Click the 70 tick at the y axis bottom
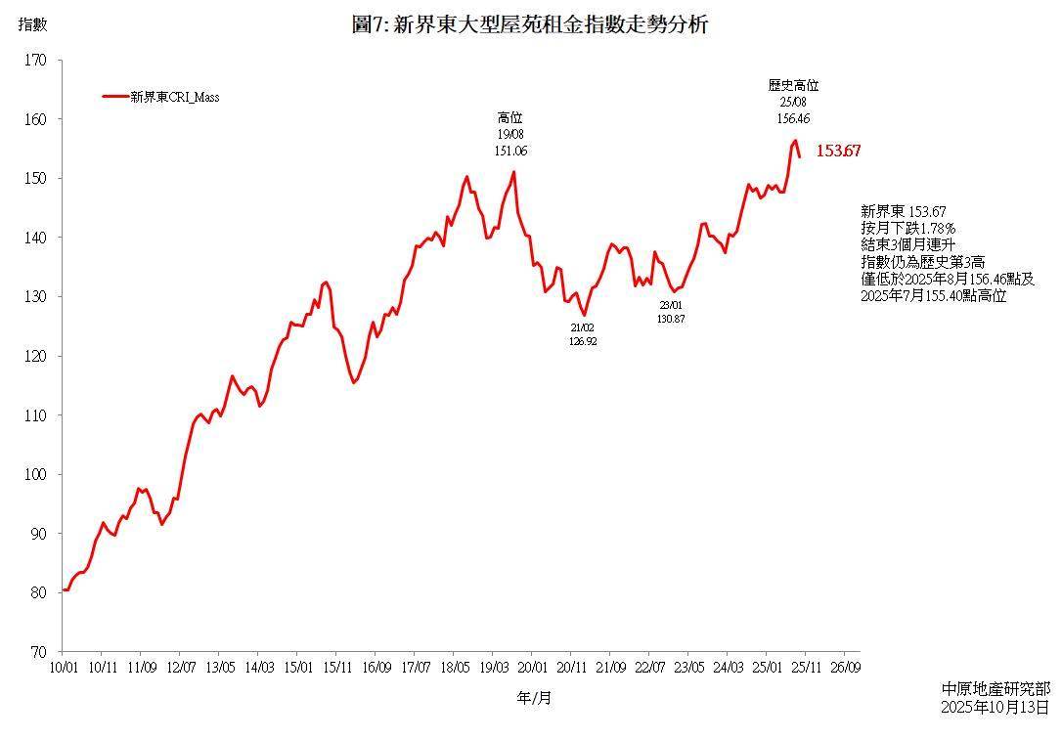click(38, 651)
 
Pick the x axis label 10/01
click(63, 668)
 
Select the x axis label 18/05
click(454, 668)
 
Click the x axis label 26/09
click(845, 668)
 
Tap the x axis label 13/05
click(219, 668)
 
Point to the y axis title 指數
click(32, 24)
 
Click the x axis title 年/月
click(534, 698)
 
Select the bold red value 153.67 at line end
click(838, 151)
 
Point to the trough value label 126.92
click(583, 342)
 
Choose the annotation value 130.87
click(671, 319)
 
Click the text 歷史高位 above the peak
click(793, 86)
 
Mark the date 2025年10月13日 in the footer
click(995, 706)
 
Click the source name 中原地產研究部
click(995, 689)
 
